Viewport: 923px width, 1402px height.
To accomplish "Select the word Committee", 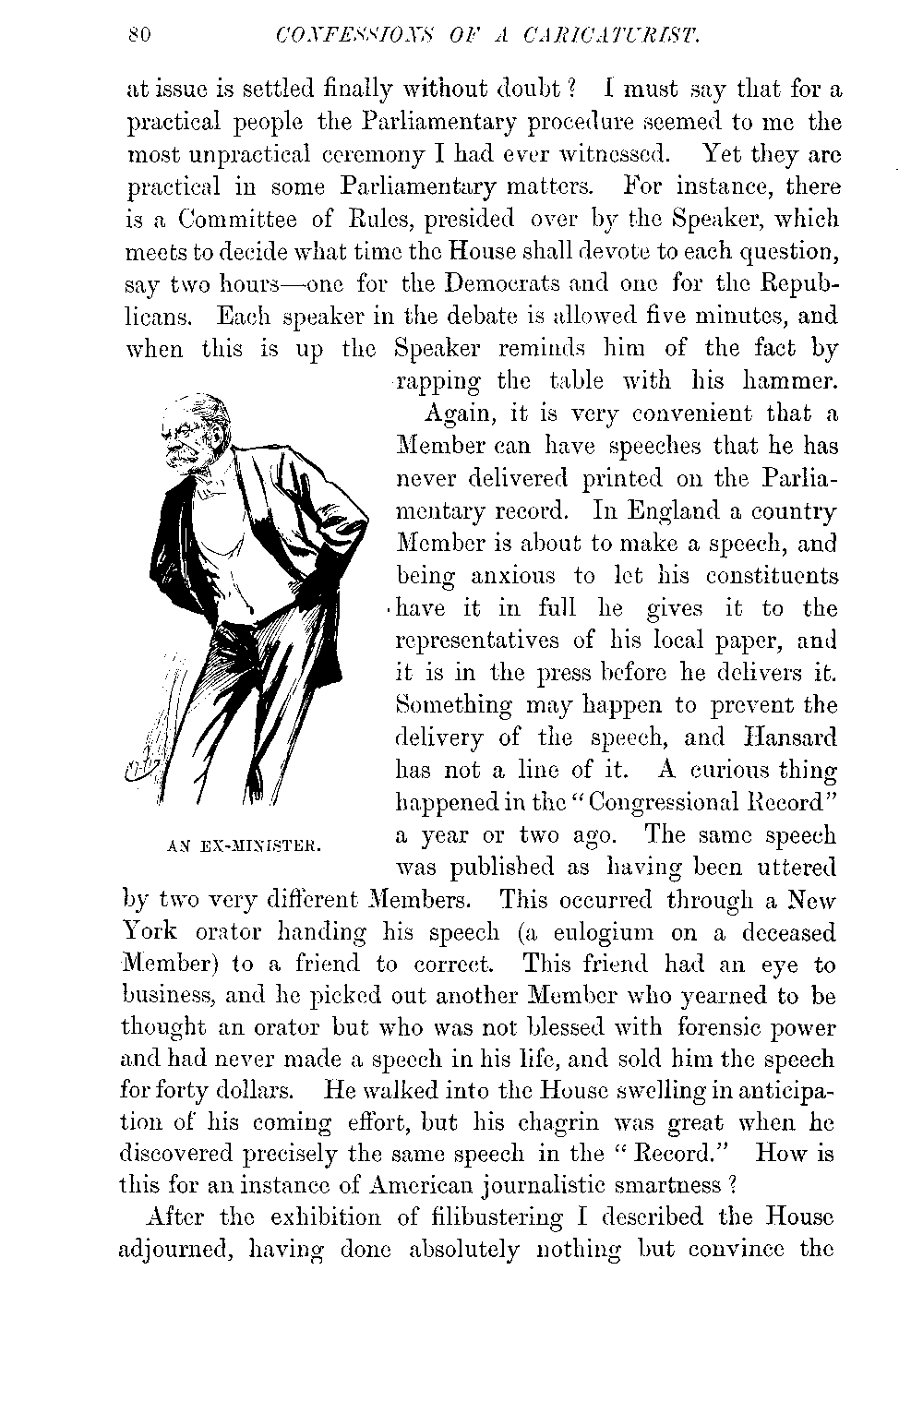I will click(x=238, y=220).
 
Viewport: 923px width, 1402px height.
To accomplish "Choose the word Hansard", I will click(x=789, y=737).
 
